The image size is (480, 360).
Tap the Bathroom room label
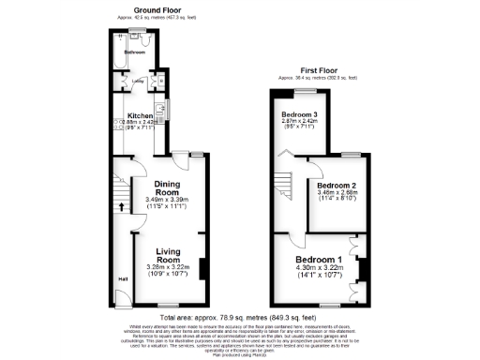[135, 52]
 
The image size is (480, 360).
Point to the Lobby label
[138, 81]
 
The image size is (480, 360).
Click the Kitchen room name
[141, 115]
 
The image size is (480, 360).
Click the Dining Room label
[168, 188]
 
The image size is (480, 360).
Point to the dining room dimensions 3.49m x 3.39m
[168, 200]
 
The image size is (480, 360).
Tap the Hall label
[123, 278]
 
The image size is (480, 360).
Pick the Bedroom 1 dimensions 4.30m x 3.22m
[319, 268]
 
